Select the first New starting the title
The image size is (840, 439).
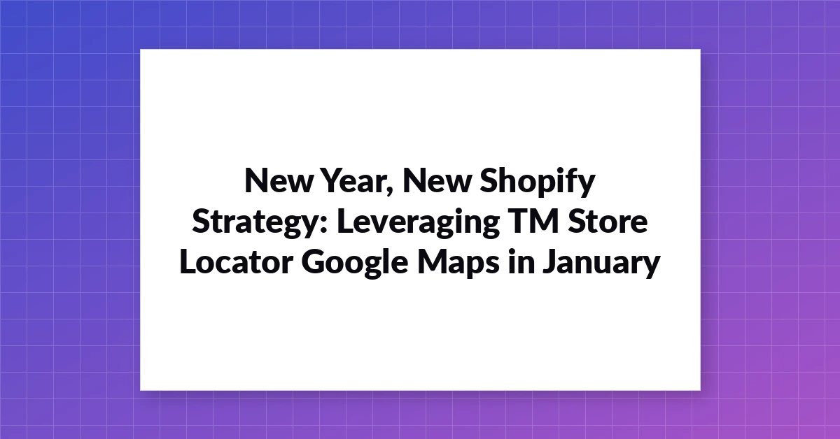[x=279, y=180]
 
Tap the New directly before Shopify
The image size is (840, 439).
[x=437, y=180]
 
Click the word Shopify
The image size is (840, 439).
[x=538, y=182]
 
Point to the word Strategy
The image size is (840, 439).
[x=255, y=223]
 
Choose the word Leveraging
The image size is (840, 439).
[x=418, y=223]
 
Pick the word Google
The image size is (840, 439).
[x=355, y=264]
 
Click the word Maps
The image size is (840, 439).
[x=458, y=264]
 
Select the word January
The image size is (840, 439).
[x=601, y=264]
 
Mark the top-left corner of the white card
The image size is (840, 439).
[x=140, y=50]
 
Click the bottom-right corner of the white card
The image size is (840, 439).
[x=701, y=390]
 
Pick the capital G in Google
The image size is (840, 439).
[x=314, y=261]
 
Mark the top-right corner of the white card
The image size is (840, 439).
[x=701, y=50]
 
